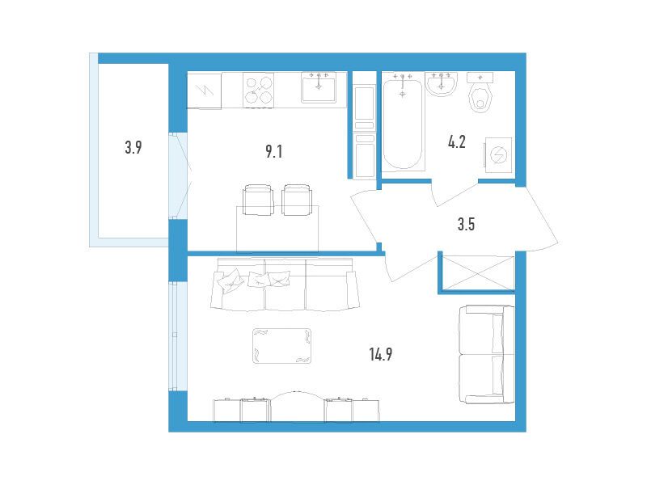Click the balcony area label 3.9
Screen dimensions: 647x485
click(133, 147)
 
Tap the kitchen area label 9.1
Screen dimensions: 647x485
click(273, 151)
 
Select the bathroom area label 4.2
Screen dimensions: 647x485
click(457, 142)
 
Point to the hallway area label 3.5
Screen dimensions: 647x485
click(466, 225)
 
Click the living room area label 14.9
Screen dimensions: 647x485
click(380, 354)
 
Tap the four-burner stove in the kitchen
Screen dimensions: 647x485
click(259, 91)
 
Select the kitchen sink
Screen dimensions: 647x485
click(319, 87)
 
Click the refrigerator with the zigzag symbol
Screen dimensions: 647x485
click(205, 91)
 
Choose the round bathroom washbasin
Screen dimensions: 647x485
click(441, 84)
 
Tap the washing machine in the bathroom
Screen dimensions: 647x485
click(499, 155)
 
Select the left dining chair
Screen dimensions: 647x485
click(259, 200)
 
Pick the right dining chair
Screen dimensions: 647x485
click(297, 200)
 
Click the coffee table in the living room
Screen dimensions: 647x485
click(281, 346)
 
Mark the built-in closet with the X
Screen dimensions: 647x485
click(478, 272)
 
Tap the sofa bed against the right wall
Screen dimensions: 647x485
click(487, 355)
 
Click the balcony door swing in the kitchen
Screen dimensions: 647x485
click(180, 176)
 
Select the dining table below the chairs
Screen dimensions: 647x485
click(277, 229)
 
